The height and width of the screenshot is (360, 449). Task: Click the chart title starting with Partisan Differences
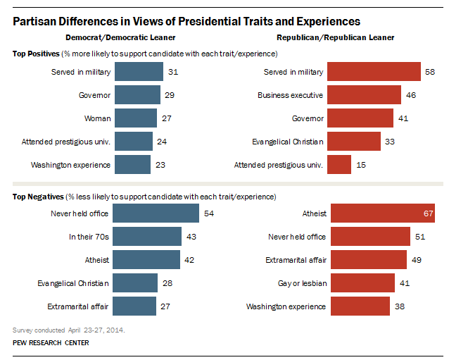(x=187, y=21)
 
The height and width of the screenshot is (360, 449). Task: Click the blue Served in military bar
(x=138, y=72)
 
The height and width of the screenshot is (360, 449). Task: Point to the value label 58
(x=430, y=72)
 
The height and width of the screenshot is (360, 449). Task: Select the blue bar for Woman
(x=135, y=117)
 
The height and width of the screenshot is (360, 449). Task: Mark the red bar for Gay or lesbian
(x=362, y=283)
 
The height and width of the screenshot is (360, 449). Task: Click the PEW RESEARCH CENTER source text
(x=51, y=343)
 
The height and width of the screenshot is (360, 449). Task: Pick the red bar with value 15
(x=340, y=165)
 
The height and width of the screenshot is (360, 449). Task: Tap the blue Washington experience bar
(x=132, y=165)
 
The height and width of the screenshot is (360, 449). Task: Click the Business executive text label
(x=290, y=94)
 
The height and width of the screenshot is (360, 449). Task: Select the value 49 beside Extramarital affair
(x=416, y=260)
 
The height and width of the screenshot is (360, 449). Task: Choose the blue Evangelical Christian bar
(x=135, y=283)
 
